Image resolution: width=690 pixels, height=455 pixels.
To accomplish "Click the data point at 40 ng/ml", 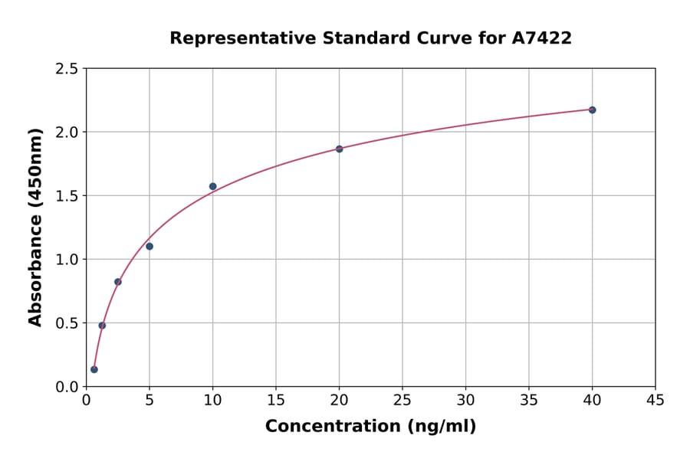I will click(592, 110).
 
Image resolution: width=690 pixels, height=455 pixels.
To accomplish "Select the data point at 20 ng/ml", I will click(339, 149).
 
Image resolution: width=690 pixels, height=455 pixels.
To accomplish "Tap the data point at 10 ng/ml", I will click(212, 186).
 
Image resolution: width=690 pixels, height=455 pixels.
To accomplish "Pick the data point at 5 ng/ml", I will click(149, 246).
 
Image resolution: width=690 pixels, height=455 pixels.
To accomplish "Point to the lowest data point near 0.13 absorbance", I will click(94, 369).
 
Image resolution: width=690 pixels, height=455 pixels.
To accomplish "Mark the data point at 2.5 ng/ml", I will click(118, 282).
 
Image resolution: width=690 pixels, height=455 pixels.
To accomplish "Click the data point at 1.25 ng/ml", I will click(102, 326).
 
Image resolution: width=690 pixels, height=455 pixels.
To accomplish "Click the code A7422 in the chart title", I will click(541, 38).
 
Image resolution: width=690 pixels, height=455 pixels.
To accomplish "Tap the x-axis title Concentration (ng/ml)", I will click(370, 426).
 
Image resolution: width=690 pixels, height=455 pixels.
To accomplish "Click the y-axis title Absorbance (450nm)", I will click(35, 227).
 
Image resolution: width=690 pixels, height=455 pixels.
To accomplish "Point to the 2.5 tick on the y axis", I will click(67, 69).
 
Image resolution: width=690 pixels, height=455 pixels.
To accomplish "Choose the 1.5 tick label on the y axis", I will click(67, 196).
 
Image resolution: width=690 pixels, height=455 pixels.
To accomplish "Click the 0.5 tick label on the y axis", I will click(67, 323).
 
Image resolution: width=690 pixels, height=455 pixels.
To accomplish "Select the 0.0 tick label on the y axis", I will click(67, 387).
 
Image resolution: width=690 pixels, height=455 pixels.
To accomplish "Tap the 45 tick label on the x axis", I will click(655, 400).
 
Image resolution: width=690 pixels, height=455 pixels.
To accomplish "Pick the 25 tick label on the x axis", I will click(402, 400).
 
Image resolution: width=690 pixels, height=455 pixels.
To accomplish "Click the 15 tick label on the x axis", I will click(276, 400).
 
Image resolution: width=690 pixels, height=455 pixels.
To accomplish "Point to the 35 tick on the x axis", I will click(529, 400).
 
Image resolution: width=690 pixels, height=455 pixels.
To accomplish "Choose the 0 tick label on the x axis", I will click(86, 400).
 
